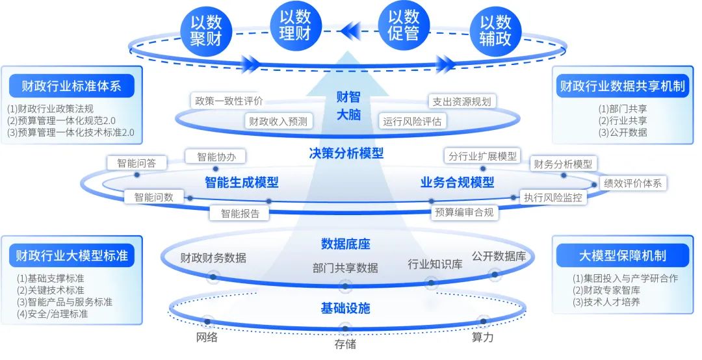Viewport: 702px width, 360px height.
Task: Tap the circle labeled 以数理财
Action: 295,25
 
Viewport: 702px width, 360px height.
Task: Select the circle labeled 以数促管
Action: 403,25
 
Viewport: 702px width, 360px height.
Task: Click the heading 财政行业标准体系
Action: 71,85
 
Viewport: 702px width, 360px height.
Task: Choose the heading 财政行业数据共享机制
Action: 623,85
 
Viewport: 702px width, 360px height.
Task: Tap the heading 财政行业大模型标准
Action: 71,255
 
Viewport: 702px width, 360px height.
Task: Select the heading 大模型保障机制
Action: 623,255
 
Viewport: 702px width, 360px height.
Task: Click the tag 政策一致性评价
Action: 229,101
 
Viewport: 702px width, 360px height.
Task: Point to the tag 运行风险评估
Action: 412,121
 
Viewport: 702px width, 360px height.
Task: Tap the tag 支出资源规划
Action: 462,101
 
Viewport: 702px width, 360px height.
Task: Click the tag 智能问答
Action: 136,163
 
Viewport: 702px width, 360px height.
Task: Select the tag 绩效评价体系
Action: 632,183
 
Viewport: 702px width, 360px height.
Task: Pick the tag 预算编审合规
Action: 464,212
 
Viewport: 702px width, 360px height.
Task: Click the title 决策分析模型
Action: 346,154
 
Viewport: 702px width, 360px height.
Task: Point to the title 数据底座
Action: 345,244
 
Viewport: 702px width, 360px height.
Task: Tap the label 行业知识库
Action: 435,264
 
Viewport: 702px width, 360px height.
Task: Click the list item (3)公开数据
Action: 623,132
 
